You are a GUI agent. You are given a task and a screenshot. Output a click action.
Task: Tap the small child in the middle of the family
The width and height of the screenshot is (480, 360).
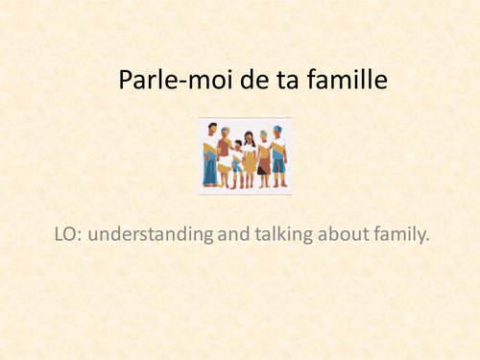coord(237,158)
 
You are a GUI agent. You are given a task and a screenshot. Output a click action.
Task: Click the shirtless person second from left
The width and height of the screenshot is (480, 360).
coord(225,154)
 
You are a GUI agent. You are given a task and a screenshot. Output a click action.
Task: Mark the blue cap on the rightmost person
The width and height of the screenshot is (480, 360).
coord(277,129)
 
